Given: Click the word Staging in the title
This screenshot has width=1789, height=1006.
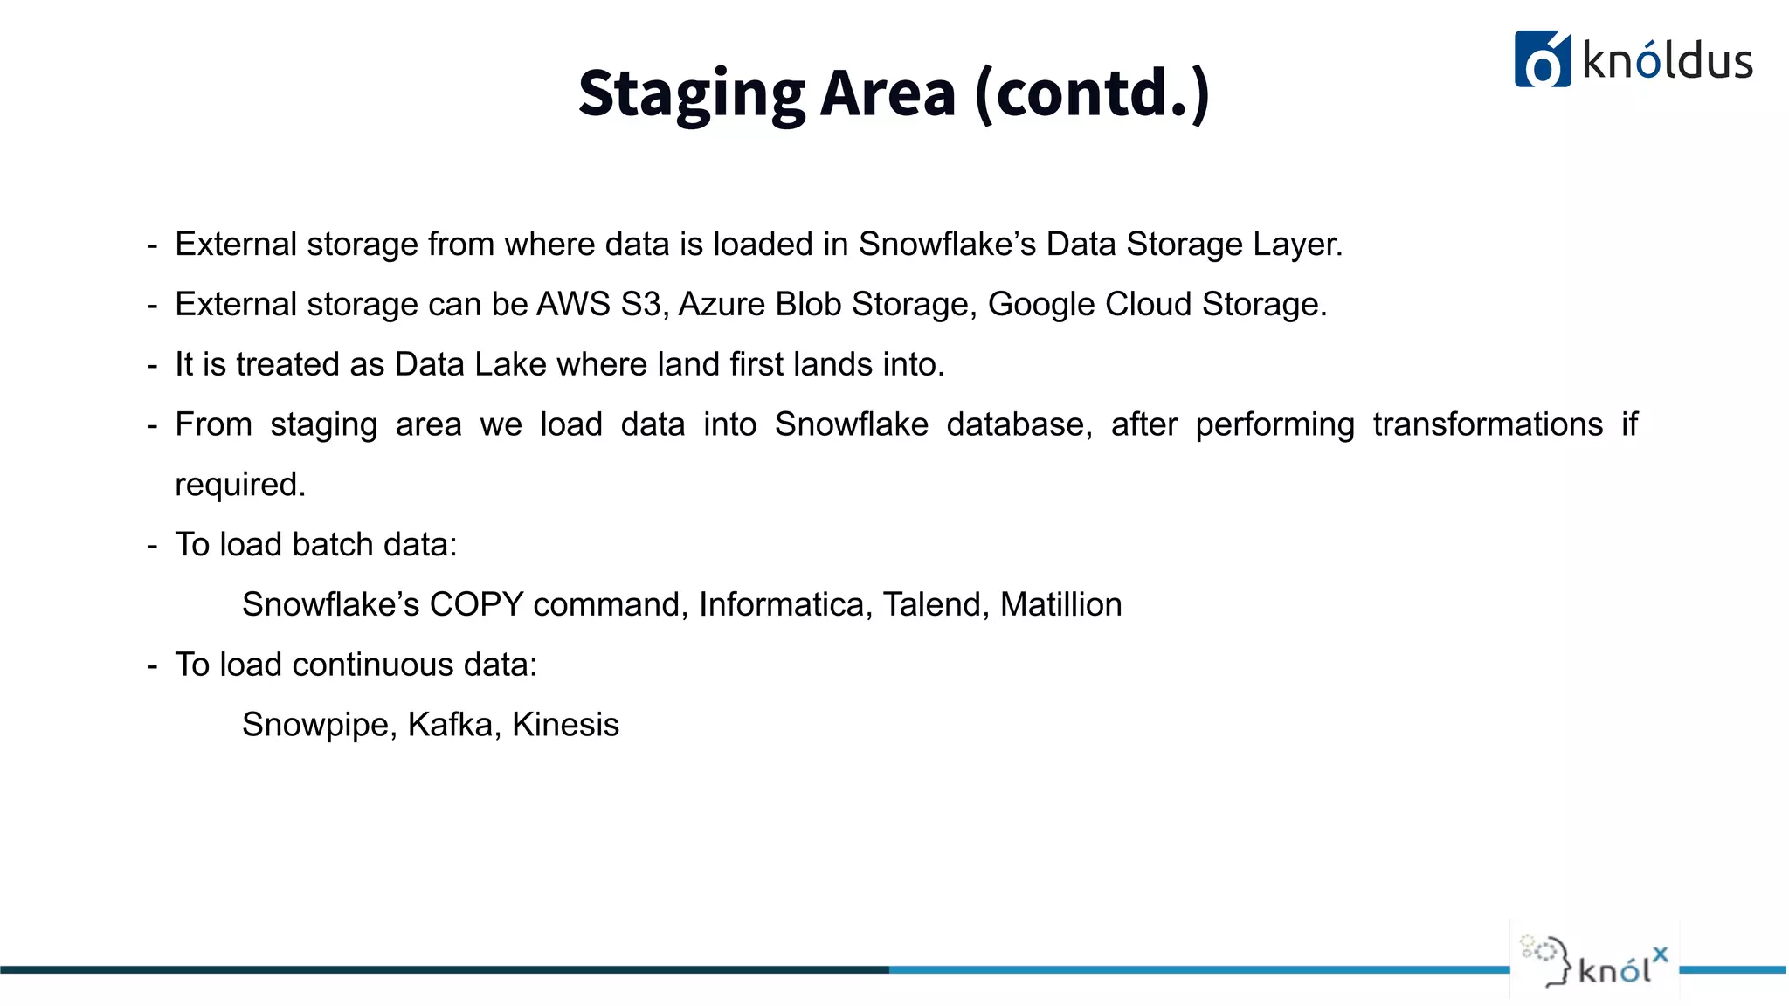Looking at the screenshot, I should [x=691, y=94].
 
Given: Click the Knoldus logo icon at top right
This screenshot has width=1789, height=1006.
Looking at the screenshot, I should [x=1542, y=59].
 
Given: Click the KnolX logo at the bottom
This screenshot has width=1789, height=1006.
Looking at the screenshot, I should [x=1595, y=961].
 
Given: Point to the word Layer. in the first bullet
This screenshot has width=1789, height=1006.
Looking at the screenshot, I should [x=1297, y=245].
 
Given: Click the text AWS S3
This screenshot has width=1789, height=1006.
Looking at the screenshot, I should [x=598, y=305].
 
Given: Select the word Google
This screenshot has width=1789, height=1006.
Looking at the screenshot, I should [x=1041, y=305].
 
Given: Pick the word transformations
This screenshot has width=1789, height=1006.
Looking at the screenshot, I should [x=1487, y=424].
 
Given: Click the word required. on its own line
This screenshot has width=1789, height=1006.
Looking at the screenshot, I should [x=240, y=486].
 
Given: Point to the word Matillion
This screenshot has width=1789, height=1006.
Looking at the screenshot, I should [x=1060, y=605].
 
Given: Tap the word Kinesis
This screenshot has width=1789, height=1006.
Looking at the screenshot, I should [x=565, y=726].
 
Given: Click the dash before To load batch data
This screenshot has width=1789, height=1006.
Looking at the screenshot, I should [x=152, y=546].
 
